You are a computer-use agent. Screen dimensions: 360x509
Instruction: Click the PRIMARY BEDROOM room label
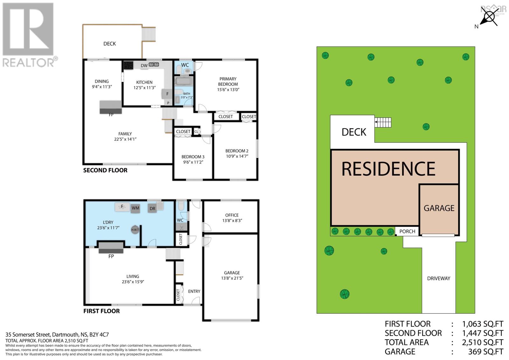coord(228,81)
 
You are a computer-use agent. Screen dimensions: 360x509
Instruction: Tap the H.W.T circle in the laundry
coord(135,229)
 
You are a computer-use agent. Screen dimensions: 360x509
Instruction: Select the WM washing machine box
coord(136,208)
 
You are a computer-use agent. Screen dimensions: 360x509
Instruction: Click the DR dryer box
coord(152,209)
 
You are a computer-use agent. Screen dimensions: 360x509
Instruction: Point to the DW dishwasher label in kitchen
coord(144,66)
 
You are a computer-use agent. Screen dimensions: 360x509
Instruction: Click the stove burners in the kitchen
coord(129,65)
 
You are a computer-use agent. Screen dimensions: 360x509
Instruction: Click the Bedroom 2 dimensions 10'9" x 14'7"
coord(237,156)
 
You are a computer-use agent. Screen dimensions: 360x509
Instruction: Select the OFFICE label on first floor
coord(232,215)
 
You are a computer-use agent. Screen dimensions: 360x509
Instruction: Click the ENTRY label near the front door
coord(194,291)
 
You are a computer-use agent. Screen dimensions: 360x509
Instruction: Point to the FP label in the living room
coord(111,256)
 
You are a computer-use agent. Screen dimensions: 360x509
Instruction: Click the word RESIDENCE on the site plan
coord(388,169)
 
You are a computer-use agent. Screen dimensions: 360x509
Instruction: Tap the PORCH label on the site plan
coord(407,231)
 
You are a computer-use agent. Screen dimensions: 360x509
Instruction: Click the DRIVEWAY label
coord(439,279)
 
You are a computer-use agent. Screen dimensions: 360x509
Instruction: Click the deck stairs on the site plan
coord(383,123)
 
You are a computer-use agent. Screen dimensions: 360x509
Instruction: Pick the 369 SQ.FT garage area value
coord(485,352)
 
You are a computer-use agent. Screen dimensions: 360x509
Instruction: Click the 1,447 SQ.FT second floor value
coord(482,333)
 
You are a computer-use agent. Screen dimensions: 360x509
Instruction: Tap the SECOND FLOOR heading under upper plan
coord(105,170)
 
